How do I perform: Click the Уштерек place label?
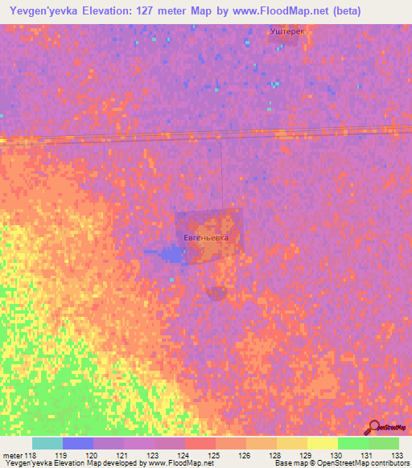tap(286, 31)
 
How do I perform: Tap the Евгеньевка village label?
tap(206, 238)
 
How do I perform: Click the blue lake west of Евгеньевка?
tap(172, 255)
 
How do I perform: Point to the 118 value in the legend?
tap(31, 454)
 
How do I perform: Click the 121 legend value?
tap(122, 454)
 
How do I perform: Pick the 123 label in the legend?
tap(153, 454)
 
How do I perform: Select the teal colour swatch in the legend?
tap(47, 443)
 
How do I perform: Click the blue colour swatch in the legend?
tap(77, 443)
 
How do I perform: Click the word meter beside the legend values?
tap(12, 454)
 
